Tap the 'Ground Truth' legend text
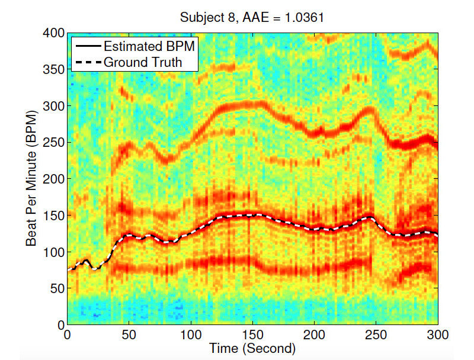tap(142, 61)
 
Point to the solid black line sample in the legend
tap(87, 46)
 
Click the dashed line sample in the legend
tap(87, 61)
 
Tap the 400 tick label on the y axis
tap(54, 34)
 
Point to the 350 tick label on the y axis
tap(54, 70)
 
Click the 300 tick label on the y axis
tap(54, 107)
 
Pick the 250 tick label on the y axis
tap(54, 143)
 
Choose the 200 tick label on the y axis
tap(54, 179)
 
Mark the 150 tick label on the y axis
tap(54, 216)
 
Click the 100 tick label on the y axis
tap(54, 252)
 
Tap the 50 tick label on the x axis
tap(129, 334)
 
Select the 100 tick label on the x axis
tap(191, 334)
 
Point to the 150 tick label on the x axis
tap(252, 334)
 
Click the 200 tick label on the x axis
tap(314, 334)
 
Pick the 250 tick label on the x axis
tap(376, 334)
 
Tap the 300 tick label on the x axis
tap(437, 334)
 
